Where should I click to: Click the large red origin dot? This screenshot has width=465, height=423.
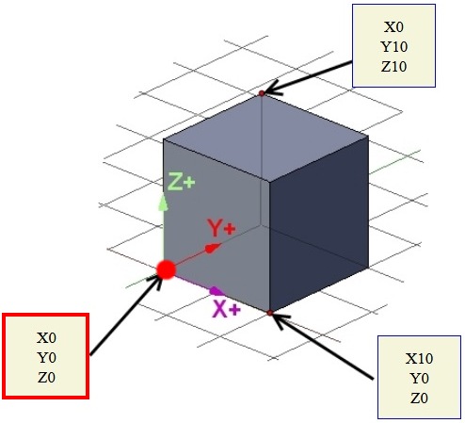pos(166,269)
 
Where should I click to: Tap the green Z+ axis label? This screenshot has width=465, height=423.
pos(182,181)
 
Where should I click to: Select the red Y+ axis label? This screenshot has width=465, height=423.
pos(221,228)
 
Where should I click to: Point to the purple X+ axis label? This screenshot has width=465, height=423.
pos(227,309)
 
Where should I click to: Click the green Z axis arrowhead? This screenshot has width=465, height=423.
pos(163,203)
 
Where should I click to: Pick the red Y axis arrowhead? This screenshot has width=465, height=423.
pos(213,248)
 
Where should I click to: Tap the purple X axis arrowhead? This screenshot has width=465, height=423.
pos(216,291)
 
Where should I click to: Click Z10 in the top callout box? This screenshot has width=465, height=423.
pos(393,67)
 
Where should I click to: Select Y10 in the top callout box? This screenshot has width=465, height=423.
pos(394,47)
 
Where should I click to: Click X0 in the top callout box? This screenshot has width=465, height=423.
pos(393,27)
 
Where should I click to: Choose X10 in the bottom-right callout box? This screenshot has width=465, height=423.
pos(419,359)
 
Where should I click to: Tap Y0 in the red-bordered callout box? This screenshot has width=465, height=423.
pos(46,358)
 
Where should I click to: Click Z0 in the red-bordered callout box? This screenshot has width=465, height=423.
pos(46,378)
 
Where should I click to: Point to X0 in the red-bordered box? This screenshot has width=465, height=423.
pos(46,338)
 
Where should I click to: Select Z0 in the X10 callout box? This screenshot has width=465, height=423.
pos(419,399)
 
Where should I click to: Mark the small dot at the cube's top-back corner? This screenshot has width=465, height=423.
pos(262,93)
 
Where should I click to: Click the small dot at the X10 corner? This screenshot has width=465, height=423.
pos(270,313)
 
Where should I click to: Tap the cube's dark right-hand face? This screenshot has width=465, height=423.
pos(319,223)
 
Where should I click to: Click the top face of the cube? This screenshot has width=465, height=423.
pos(265,138)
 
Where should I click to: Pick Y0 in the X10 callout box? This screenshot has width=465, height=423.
pos(419,379)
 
